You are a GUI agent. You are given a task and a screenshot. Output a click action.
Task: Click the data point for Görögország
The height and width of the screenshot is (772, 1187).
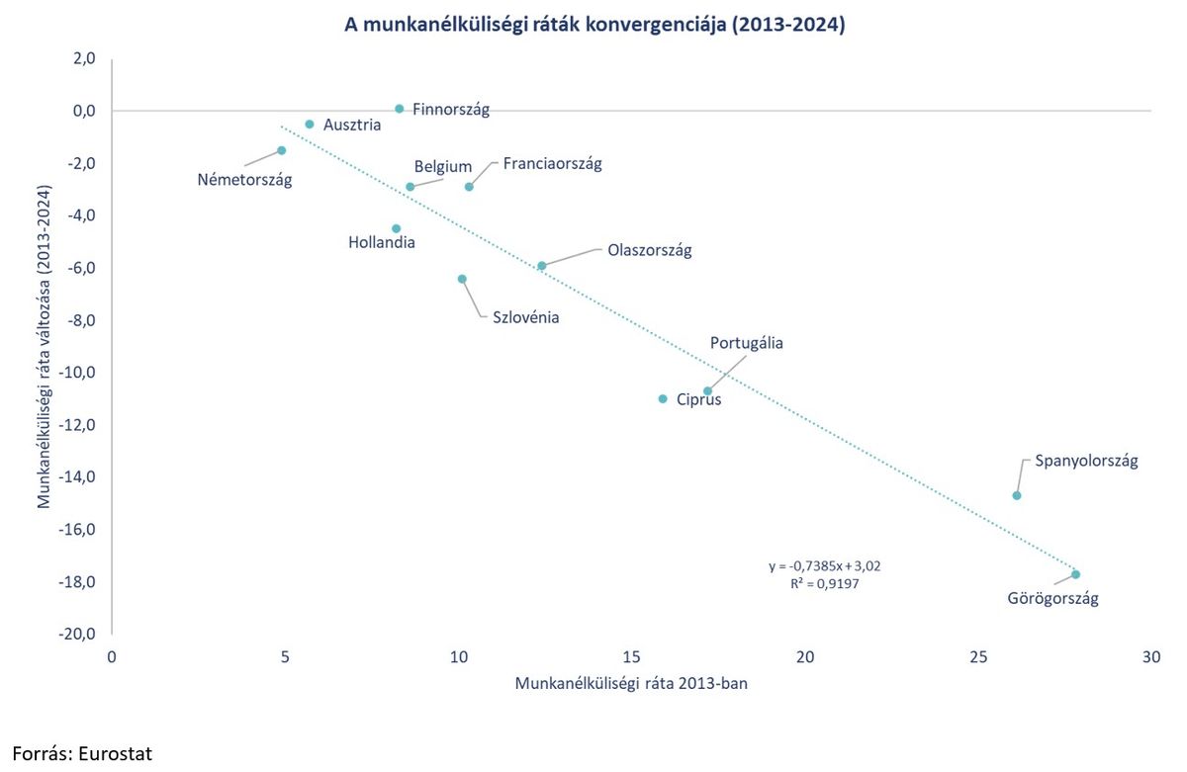click(1075, 574)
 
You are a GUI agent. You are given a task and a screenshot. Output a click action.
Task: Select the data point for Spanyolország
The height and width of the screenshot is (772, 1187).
click(1016, 495)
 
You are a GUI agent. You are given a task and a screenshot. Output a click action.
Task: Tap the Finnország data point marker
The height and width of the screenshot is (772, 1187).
click(399, 109)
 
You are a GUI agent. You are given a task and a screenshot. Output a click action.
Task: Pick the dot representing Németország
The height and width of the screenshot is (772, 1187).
click(281, 150)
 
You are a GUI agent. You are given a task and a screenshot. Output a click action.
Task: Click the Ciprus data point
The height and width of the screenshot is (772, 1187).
click(663, 398)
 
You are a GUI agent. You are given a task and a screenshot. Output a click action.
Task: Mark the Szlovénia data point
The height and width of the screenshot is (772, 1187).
click(462, 279)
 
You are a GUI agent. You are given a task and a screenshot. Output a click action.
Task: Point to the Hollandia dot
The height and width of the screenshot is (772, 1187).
click(397, 228)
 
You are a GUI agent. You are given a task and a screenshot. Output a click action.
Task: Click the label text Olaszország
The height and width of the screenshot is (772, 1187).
click(649, 250)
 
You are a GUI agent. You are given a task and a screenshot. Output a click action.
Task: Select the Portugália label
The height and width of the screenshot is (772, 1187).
click(746, 343)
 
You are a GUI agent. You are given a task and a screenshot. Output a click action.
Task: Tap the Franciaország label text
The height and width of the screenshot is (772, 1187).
click(552, 163)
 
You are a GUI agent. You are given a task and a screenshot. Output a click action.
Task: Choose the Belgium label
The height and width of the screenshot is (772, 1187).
click(442, 167)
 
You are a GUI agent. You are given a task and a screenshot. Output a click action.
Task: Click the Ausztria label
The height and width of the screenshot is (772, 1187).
click(352, 126)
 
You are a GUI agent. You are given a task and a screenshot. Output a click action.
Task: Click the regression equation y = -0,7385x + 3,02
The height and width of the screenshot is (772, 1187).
click(824, 566)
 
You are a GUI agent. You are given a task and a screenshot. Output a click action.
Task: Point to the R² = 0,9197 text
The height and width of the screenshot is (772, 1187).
click(825, 584)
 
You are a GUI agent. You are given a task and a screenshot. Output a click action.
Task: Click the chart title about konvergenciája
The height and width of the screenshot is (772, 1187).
click(594, 26)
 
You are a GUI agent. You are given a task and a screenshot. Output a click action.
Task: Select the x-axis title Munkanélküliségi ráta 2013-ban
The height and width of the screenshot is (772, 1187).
click(631, 683)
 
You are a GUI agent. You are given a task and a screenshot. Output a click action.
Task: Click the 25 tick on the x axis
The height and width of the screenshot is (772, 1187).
click(978, 656)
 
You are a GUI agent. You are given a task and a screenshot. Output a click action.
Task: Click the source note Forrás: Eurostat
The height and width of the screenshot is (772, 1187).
click(83, 752)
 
